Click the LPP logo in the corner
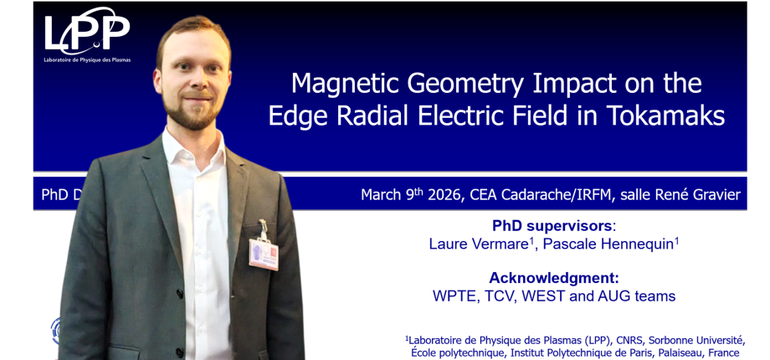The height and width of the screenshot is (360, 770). pos(87,33)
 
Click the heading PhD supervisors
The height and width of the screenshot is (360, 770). pos(553,226)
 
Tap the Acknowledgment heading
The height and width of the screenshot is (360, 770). pos(553,277)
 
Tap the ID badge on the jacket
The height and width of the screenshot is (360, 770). pos(263,253)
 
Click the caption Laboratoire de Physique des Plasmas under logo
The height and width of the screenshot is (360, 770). pos(87,60)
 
